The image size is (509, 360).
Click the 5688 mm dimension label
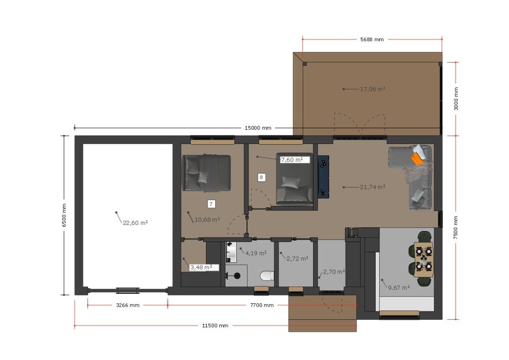(372, 40)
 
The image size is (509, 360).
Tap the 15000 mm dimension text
(258, 128)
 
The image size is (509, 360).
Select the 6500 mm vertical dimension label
(64, 215)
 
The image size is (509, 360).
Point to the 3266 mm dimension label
(128, 305)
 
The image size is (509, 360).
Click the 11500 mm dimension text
(215, 326)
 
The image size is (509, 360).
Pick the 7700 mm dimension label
(261, 305)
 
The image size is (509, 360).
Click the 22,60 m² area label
(135, 223)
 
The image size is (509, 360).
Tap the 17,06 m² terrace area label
(373, 89)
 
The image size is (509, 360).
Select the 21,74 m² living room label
(373, 187)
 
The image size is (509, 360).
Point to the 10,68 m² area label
(207, 220)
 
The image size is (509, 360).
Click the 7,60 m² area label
(292, 160)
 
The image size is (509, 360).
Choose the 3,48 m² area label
(201, 268)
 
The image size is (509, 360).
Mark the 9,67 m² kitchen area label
(399, 287)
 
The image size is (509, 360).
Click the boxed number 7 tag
(211, 204)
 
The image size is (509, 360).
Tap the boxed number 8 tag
(261, 177)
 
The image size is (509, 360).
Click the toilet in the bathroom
(267, 276)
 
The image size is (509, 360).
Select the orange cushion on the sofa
(418, 159)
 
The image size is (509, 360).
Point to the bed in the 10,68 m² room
(207, 173)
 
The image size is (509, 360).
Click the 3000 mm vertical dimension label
(456, 98)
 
